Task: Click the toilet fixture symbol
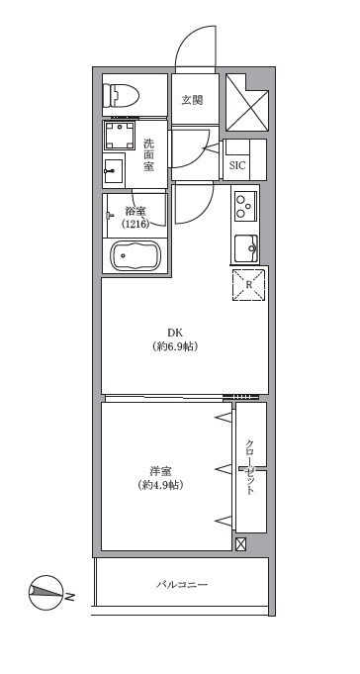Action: [x=122, y=95]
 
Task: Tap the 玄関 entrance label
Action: [x=192, y=101]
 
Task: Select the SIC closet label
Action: [x=237, y=165]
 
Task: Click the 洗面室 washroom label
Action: [x=148, y=155]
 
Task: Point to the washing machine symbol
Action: [x=119, y=136]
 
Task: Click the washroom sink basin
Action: [x=114, y=170]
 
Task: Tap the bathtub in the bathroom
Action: [x=135, y=255]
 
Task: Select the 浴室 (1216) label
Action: [x=136, y=218]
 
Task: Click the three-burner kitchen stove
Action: [x=245, y=206]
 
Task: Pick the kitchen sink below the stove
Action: [x=246, y=248]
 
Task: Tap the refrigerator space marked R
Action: [x=248, y=285]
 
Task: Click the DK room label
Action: [x=175, y=332]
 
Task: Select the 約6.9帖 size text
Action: [x=175, y=346]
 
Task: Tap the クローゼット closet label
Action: [x=250, y=467]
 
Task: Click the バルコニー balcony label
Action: [x=182, y=585]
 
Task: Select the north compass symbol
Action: [x=45, y=592]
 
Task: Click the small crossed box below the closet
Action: [x=241, y=544]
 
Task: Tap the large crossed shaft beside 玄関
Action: [x=247, y=102]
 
